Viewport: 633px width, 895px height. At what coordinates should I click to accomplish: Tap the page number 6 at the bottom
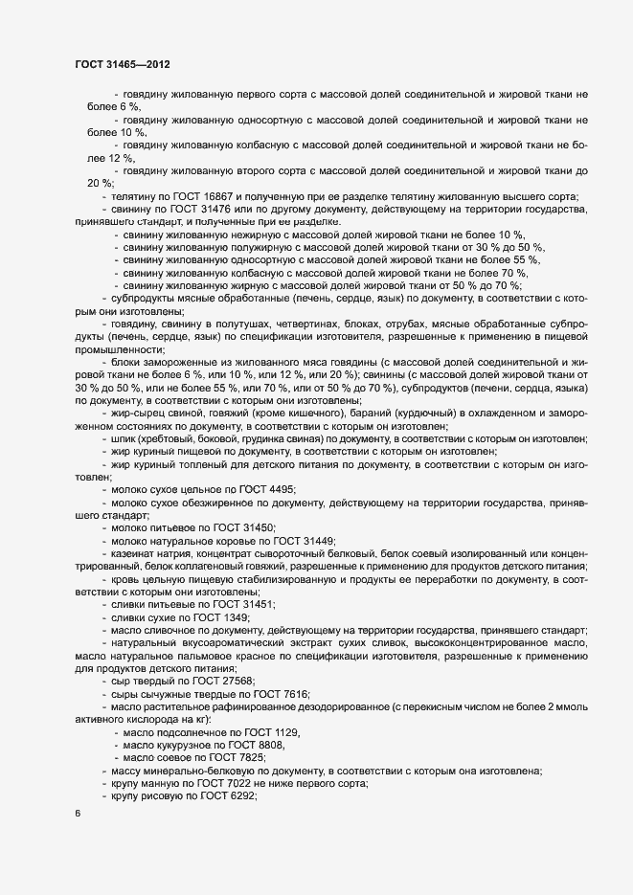(x=78, y=813)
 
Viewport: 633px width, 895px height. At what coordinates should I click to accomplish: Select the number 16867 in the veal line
(x=218, y=196)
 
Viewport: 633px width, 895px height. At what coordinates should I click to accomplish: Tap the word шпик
(x=124, y=438)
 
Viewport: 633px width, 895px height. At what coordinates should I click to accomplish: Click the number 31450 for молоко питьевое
(x=258, y=528)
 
